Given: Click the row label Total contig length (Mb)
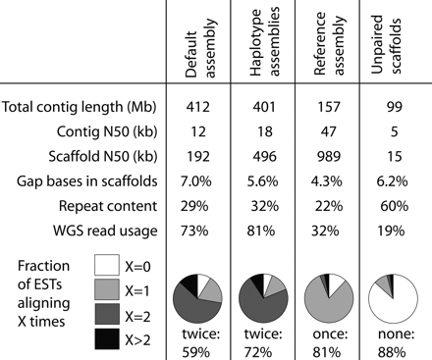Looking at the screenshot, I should click(x=81, y=108).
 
